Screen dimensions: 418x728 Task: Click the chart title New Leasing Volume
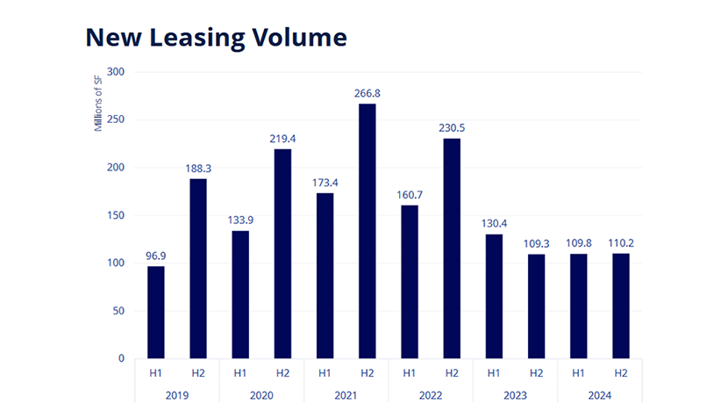pyautogui.click(x=216, y=37)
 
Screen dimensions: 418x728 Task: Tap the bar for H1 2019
pyautogui.click(x=155, y=312)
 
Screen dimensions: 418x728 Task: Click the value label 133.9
pyautogui.click(x=239, y=219)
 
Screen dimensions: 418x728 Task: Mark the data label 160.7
pyautogui.click(x=409, y=193)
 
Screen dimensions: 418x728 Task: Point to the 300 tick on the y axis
pyautogui.click(x=115, y=72)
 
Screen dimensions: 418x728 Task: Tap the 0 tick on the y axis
pyautogui.click(x=121, y=358)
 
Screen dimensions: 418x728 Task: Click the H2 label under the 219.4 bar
pyautogui.click(x=282, y=373)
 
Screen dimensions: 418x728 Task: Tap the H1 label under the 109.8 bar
pyautogui.click(x=578, y=373)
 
